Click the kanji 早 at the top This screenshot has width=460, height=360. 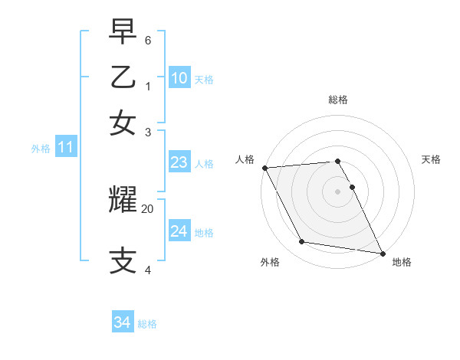[123, 33]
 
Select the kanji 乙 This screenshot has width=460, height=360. [123, 77]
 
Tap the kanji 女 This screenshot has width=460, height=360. [123, 123]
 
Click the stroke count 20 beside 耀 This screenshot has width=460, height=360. [148, 208]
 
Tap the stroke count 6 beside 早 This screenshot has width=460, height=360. [148, 40]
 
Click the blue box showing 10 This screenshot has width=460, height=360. [179, 77]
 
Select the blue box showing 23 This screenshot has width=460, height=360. [179, 162]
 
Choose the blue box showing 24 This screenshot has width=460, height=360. [179, 231]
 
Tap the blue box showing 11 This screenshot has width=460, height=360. [65, 147]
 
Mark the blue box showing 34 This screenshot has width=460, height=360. [122, 322]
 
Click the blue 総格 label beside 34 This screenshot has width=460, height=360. [147, 324]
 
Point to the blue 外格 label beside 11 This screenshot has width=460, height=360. [41, 149]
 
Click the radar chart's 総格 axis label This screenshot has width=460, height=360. [338, 100]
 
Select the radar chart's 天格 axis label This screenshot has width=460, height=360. [431, 159]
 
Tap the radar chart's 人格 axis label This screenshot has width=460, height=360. [245, 159]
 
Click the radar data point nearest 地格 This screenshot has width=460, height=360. [382, 253]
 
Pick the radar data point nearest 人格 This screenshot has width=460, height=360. [264, 168]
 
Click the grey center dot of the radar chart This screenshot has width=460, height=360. [337, 191]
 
